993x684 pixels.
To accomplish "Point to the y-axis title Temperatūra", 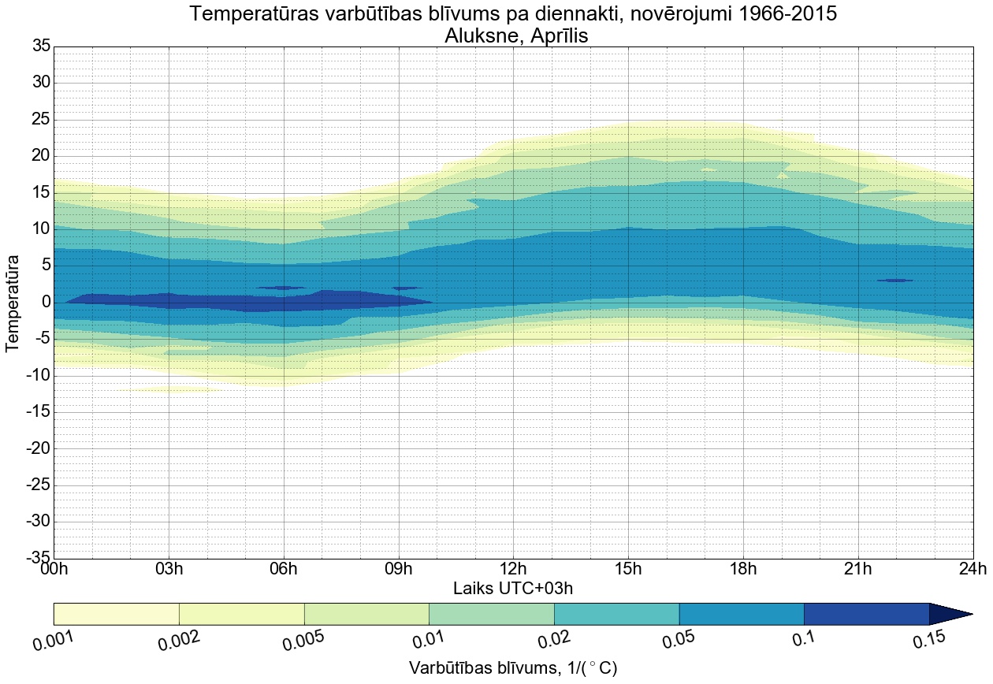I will click(13, 302).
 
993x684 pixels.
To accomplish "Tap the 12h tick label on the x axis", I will click(513, 569).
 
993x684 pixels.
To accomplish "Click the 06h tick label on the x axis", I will click(283, 569).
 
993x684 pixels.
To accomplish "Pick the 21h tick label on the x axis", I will click(857, 569).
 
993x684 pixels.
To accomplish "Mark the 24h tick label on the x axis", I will click(972, 569).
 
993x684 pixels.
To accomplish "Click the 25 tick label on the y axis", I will click(41, 120).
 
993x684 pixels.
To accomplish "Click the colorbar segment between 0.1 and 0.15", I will click(866, 614).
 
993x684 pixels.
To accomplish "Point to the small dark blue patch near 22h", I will click(895, 280).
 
